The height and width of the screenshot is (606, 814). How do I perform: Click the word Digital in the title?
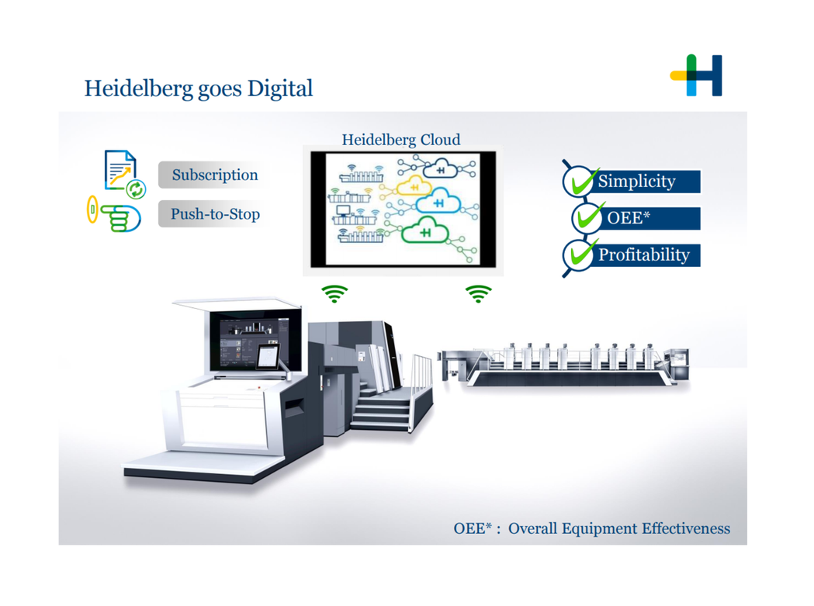280,88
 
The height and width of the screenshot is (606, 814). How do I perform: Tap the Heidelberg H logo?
696,75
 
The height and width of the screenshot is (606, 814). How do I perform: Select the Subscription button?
215,175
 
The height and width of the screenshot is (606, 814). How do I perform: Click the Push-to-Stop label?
215,214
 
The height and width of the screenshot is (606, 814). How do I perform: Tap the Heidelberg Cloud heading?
400,140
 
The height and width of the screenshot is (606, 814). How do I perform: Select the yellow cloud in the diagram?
414,186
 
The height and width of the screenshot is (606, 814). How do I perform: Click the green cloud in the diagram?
425,230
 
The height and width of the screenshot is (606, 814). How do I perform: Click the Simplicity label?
636,182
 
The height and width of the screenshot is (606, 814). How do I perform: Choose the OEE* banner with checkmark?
636,218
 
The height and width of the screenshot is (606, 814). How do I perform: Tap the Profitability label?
644,255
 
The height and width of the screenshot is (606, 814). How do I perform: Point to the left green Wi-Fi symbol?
334,293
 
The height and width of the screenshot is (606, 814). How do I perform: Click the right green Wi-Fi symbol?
478,293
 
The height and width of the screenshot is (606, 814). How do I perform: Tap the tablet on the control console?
268,356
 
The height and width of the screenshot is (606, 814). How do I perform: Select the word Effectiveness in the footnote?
686,528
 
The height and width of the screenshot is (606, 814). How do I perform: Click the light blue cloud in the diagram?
438,202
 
